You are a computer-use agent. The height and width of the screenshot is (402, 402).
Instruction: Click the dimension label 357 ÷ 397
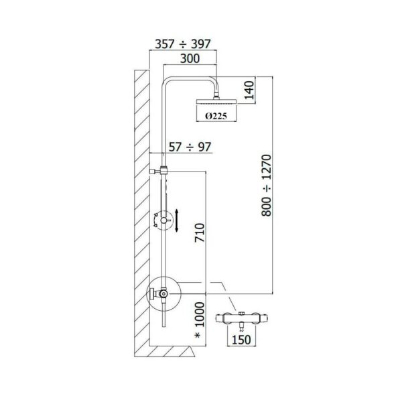click(x=183, y=44)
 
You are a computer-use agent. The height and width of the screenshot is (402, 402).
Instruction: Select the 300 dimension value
click(x=190, y=59)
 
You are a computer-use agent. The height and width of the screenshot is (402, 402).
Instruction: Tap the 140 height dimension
click(x=249, y=90)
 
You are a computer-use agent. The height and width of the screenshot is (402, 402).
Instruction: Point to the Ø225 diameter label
click(x=216, y=116)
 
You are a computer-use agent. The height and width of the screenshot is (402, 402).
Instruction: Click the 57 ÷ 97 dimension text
click(x=190, y=147)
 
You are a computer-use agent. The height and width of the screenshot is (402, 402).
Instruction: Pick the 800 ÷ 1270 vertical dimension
click(x=267, y=186)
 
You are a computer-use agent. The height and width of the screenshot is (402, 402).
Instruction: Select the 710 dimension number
click(x=200, y=232)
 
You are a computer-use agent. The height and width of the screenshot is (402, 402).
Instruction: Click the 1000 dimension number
click(x=200, y=314)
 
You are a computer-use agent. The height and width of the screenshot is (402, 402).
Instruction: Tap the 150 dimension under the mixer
click(x=241, y=340)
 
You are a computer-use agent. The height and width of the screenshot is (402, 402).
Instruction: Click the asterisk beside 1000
click(x=198, y=335)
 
